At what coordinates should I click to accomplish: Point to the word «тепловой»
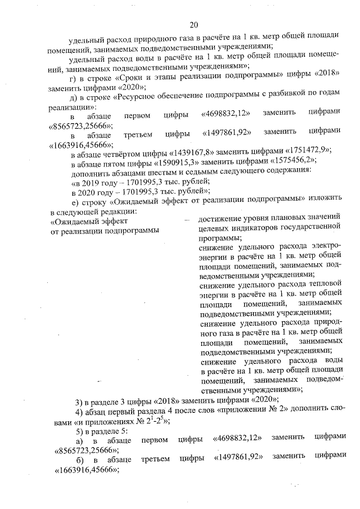(x=319, y=285)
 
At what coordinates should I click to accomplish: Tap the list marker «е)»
(x=74, y=200)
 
